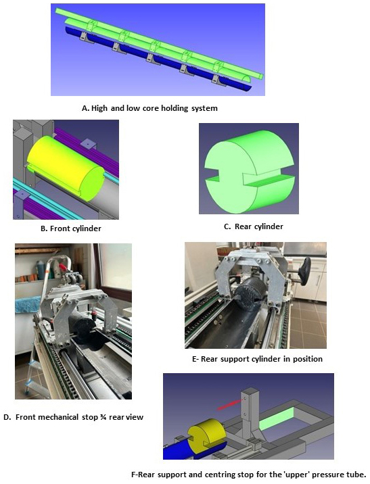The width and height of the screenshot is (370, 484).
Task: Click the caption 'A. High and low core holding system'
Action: [x=149, y=108]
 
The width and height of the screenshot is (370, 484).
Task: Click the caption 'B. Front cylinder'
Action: [x=71, y=228]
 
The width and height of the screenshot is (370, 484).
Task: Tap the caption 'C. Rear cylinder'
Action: [x=254, y=226]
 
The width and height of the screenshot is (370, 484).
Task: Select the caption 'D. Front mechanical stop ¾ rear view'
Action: [x=74, y=417]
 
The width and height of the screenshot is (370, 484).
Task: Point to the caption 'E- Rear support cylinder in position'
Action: [x=257, y=359]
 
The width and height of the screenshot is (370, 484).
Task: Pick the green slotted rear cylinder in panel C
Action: [x=249, y=171]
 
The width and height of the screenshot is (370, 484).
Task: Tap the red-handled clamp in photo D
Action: [x=63, y=267]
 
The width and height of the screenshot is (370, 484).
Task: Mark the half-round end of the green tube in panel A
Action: [x=246, y=78]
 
